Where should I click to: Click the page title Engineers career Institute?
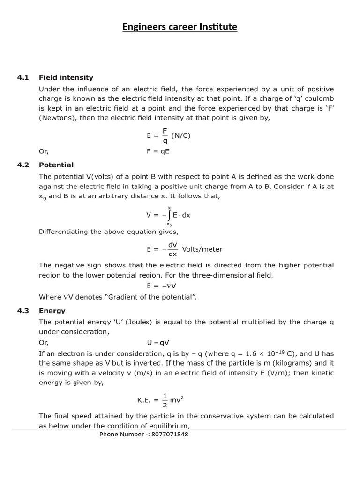coord(180,27)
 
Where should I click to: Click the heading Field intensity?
coord(66,77)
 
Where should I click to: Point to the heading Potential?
coord(56,165)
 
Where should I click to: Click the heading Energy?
coord(52,311)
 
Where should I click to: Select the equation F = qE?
coord(158,151)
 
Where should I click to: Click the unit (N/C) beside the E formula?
coord(181,135)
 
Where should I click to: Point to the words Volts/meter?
coord(202,249)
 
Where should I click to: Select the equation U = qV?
coord(158,343)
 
